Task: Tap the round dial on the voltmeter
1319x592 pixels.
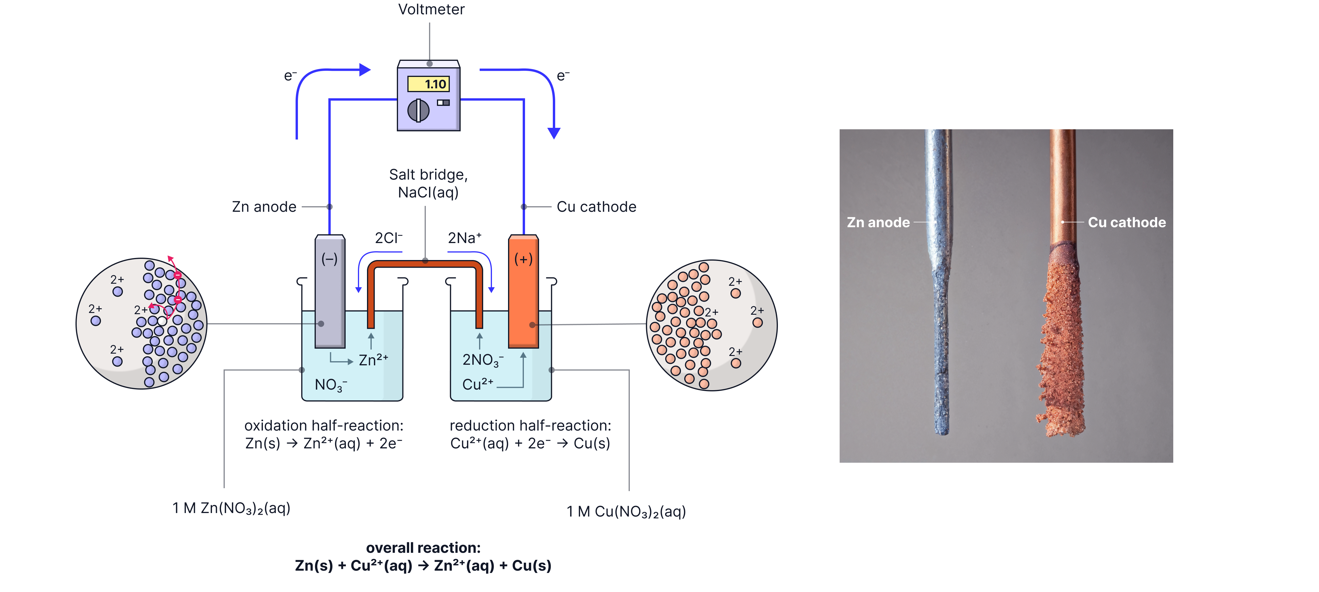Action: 418,110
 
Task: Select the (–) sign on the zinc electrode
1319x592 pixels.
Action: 329,259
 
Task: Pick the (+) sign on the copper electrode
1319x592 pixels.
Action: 523,259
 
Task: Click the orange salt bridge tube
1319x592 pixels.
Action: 425,265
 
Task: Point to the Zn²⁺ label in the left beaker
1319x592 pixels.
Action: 373,360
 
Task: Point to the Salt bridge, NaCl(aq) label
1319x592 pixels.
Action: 428,183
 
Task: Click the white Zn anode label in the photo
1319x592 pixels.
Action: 878,223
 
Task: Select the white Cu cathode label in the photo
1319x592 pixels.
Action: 1126,223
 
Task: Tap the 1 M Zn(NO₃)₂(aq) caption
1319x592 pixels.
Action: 231,508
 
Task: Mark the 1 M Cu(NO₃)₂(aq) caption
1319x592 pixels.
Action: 626,512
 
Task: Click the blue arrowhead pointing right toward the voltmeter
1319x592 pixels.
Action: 365,70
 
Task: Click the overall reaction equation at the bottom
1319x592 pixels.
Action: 423,565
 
